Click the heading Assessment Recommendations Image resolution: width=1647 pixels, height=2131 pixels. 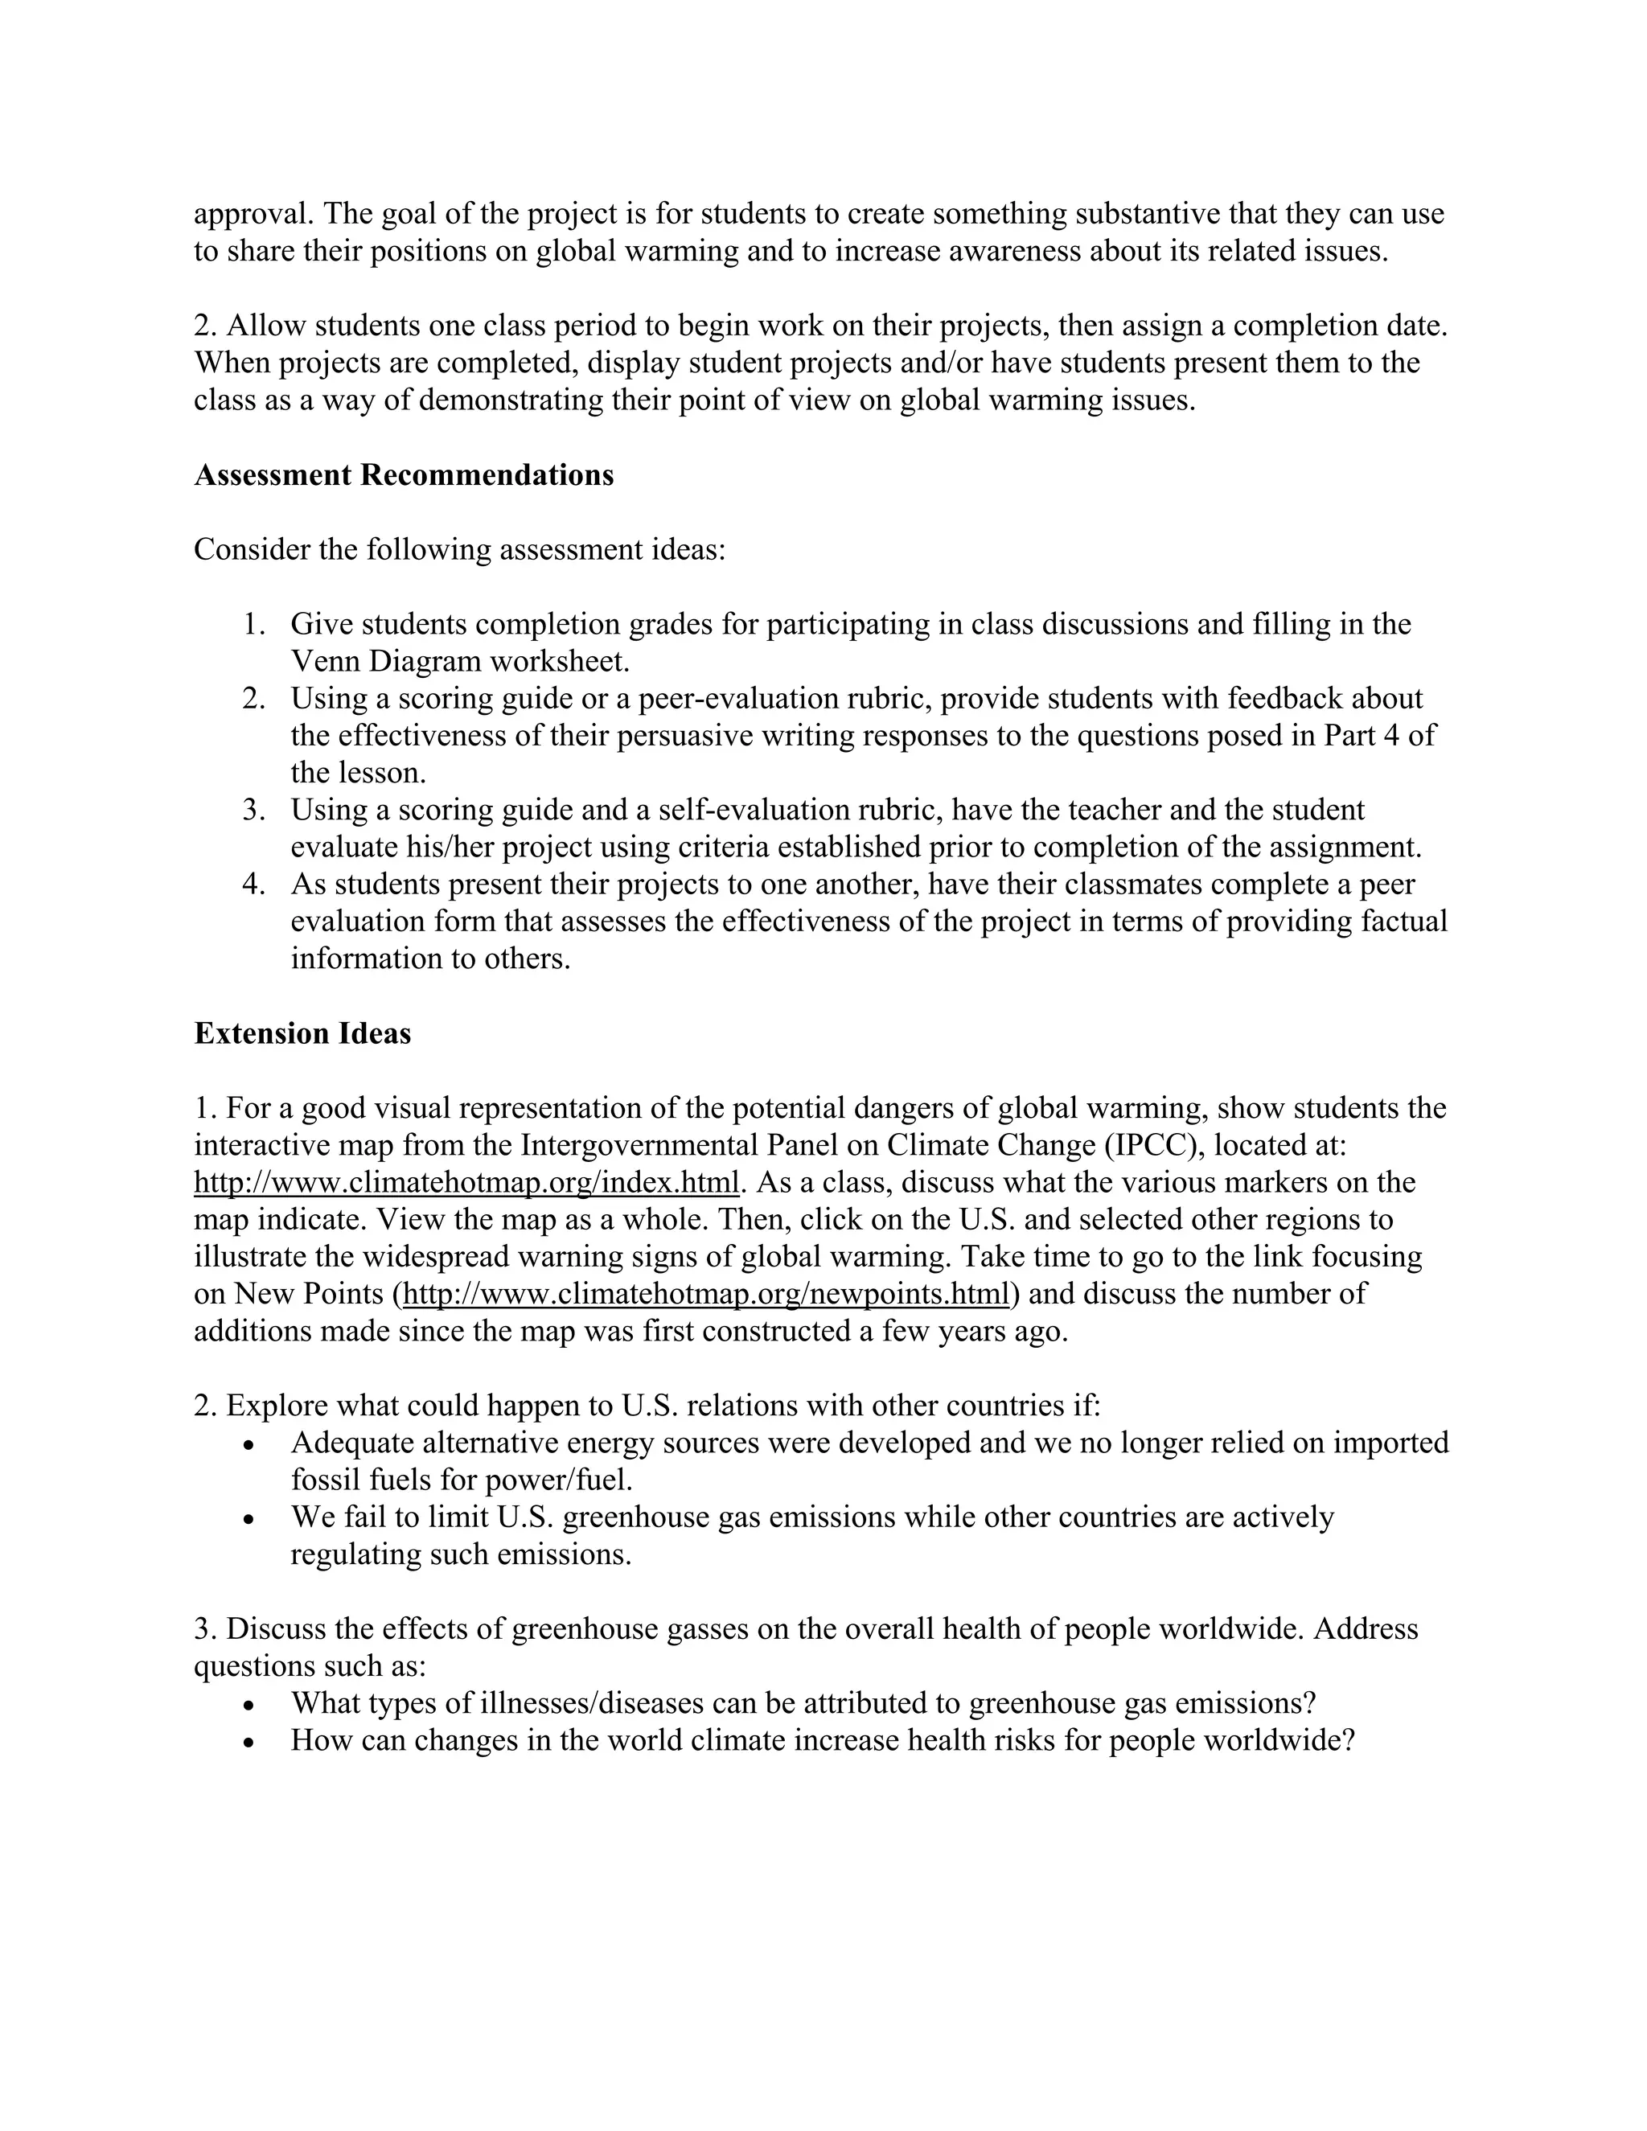click(404, 475)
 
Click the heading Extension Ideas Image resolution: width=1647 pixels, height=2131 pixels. click(302, 1033)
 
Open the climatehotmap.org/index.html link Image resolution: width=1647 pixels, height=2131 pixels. click(466, 1183)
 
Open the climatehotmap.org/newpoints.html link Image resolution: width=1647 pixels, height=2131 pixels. click(704, 1294)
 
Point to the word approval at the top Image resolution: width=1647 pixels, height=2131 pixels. click(253, 214)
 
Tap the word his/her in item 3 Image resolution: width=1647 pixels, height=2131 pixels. click(449, 847)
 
